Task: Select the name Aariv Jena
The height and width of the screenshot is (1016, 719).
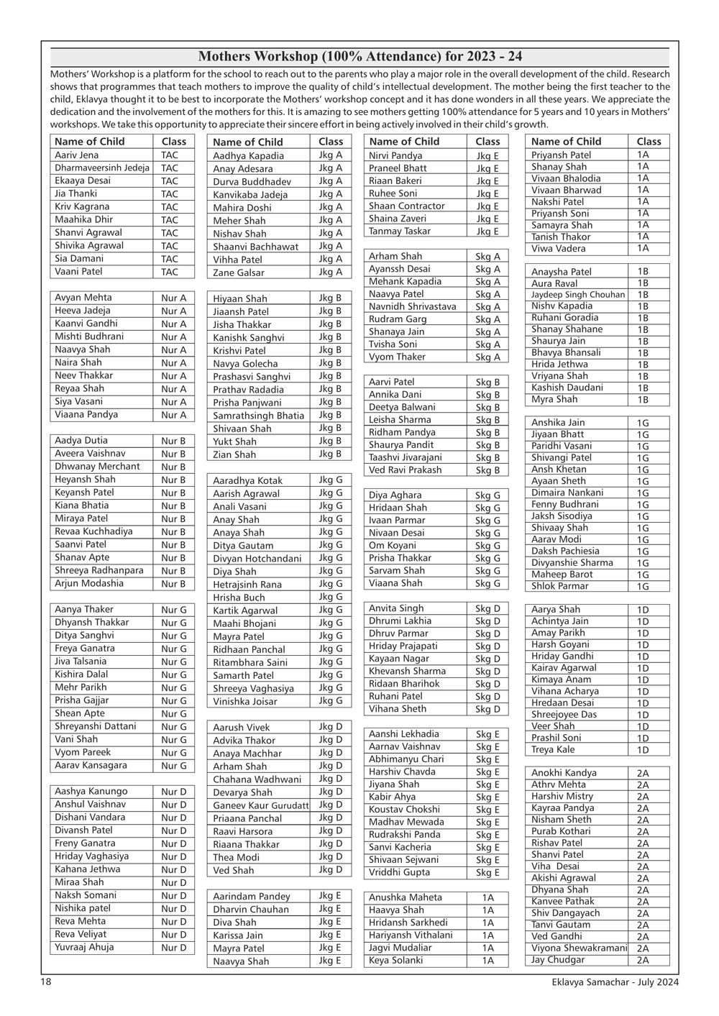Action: coord(77,155)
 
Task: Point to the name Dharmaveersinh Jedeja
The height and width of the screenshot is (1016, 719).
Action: coord(102,168)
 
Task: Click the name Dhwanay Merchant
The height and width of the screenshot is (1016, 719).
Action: coord(97,466)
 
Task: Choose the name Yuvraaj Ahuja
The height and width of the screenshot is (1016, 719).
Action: coord(84,947)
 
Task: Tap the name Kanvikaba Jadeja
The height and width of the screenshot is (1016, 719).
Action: coord(250,194)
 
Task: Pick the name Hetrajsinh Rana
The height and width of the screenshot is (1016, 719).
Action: coord(247,584)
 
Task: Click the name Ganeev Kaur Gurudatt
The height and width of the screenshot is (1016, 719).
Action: coord(260,805)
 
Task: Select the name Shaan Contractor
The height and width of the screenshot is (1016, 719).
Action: coord(407,206)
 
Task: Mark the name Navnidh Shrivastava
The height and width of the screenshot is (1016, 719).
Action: coord(412,306)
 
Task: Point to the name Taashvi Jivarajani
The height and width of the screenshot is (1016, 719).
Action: coord(406,457)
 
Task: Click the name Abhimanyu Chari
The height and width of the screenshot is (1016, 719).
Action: coord(406,759)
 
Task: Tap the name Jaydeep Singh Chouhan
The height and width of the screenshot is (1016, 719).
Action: coord(578,294)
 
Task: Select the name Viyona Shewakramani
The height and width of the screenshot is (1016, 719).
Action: coord(579,948)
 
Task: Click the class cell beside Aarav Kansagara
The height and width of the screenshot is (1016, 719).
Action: coord(173,765)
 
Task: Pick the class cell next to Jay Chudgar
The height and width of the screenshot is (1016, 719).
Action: coord(642,959)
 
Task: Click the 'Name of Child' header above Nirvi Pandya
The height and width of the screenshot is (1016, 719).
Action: coord(404,142)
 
